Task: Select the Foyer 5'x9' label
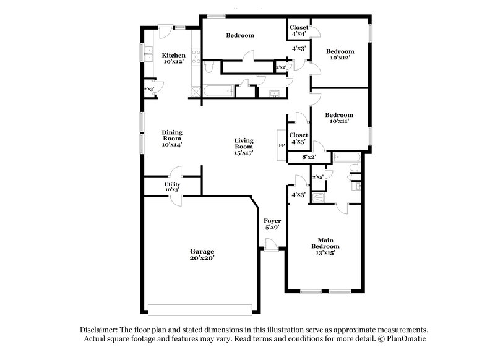coord(272,224)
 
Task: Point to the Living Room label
coord(243,146)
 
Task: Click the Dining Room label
coord(171,138)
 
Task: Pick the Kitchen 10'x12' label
coord(174,59)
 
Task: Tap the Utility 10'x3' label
coord(172,187)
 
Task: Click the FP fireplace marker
coord(282,145)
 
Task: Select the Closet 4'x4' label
coord(299,30)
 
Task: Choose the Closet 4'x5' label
coord(299,138)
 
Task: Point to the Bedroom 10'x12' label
coord(340,54)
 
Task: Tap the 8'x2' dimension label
coord(309,157)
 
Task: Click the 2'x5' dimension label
coord(318,178)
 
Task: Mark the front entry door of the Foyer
coord(270,249)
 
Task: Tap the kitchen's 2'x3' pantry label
coord(148,89)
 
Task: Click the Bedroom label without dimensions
coord(239,35)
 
